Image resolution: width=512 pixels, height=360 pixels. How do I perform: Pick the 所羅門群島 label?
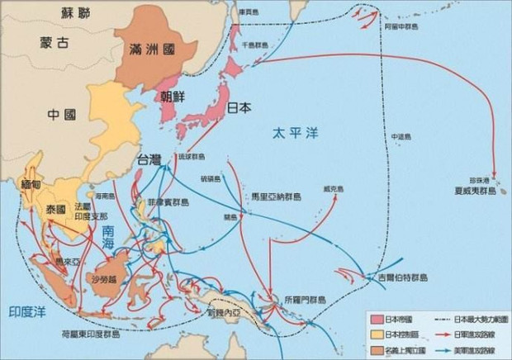tap(303, 301)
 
